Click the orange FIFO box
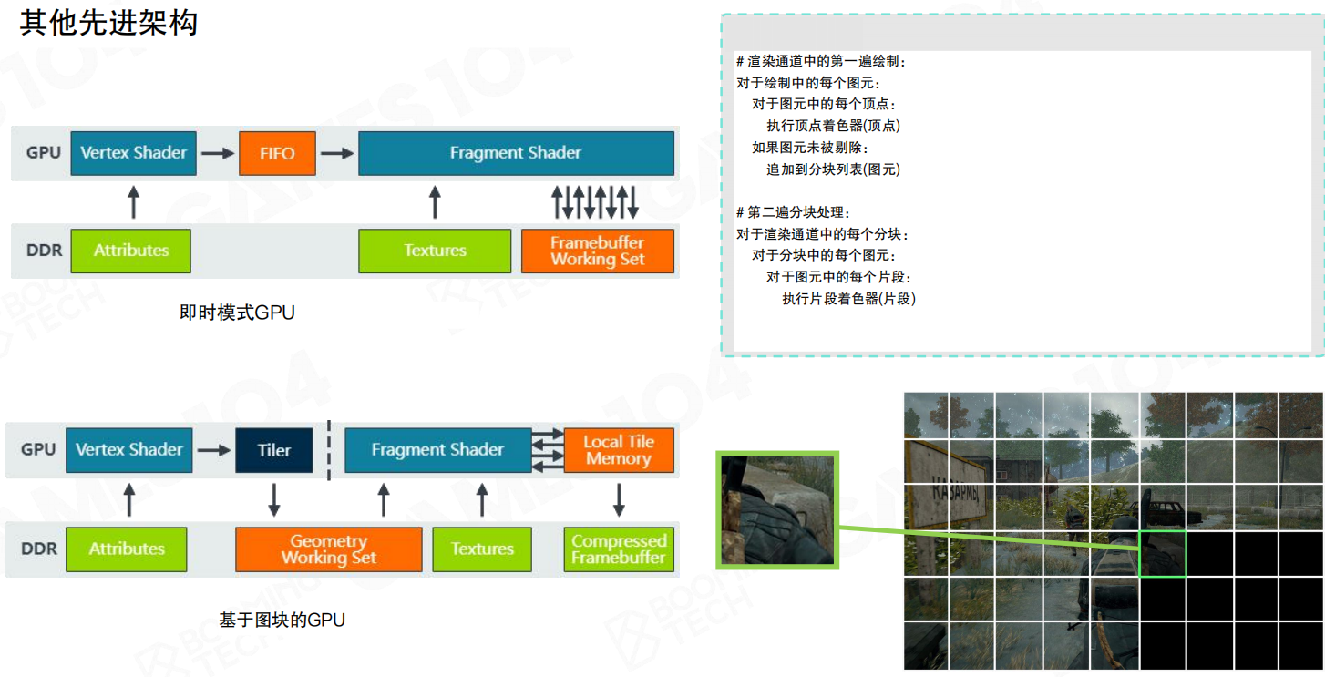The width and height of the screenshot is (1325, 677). (277, 153)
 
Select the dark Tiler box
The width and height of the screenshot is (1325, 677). (274, 450)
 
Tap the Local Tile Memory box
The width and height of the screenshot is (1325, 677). (619, 450)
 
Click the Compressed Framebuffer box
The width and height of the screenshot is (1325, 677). (619, 549)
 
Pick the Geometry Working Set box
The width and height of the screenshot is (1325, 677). (328, 549)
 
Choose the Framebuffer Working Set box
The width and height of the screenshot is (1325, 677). (597, 251)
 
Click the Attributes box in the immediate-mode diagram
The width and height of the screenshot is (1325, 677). (131, 251)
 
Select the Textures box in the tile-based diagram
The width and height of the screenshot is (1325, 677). (482, 549)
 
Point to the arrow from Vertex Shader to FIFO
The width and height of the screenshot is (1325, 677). (217, 153)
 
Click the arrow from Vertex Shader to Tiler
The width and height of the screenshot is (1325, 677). (214, 450)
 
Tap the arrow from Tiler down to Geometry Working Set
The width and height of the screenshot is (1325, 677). (274, 498)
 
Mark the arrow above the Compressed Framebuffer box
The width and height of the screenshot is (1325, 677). (619, 498)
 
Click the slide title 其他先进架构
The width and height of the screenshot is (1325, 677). (108, 23)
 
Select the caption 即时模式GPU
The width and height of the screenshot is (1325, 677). (237, 313)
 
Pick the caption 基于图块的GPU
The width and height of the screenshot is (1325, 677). (282, 621)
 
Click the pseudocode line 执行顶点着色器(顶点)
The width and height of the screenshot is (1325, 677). (833, 126)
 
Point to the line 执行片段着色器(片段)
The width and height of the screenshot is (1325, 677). (848, 299)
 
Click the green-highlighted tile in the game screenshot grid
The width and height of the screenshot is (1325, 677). (1163, 554)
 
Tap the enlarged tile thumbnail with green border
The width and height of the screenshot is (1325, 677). (777, 510)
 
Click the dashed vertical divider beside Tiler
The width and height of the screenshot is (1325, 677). (328, 449)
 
